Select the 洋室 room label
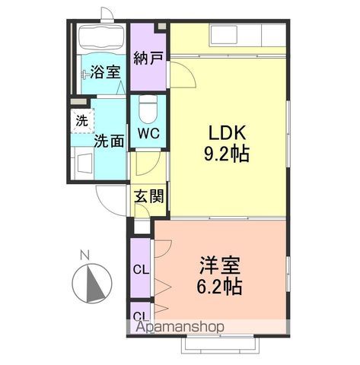tap(221, 267)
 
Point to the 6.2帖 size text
tap(221, 287)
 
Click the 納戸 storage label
tap(148, 58)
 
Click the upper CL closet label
tap(141, 268)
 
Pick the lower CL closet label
tap(141, 315)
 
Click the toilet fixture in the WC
tap(149, 109)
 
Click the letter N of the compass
tap(85, 254)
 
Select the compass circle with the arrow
tap(91, 284)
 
